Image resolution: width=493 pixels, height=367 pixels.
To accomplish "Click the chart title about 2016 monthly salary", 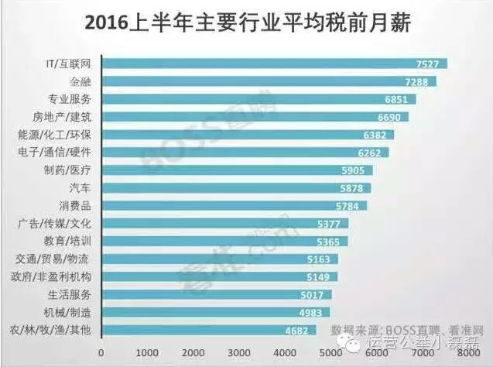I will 246,22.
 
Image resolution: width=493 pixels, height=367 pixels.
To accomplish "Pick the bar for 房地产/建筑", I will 255,117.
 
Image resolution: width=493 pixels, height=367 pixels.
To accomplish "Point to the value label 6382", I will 378,135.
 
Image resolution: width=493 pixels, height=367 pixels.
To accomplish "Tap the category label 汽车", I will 80,188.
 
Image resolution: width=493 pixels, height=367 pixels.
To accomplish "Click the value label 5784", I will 351,206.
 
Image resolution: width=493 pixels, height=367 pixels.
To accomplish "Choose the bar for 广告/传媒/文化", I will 224,224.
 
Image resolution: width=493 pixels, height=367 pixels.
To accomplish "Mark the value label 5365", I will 332,242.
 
